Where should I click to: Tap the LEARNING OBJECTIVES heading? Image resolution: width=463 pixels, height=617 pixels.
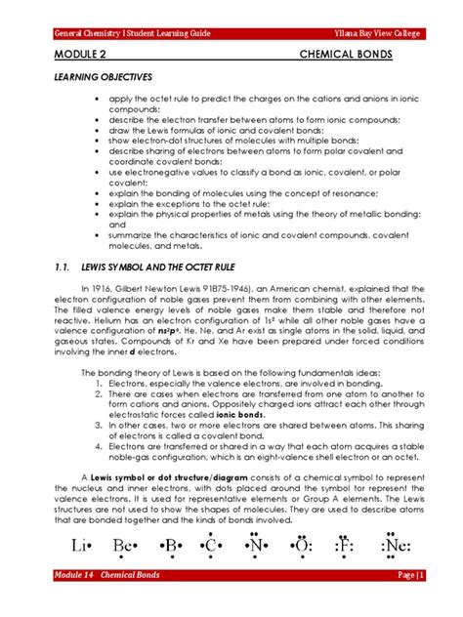coord(101,79)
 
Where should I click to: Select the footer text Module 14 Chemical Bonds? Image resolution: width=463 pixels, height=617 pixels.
coord(107,602)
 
